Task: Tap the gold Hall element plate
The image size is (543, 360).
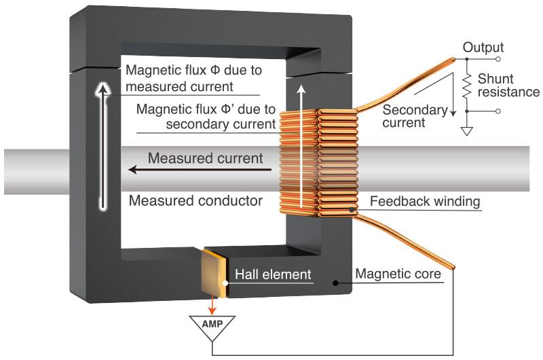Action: [x=214, y=273]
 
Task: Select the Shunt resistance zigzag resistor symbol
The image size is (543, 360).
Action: [x=467, y=85]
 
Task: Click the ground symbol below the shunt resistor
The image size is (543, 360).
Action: [x=467, y=130]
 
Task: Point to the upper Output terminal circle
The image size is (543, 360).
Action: [x=498, y=59]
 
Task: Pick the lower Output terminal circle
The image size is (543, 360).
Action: [x=498, y=111]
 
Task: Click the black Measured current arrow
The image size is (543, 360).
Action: [x=200, y=170]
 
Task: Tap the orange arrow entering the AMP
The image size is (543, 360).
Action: [x=212, y=305]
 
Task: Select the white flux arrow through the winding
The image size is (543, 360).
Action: [x=301, y=146]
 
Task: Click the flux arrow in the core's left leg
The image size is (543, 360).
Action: [x=102, y=146]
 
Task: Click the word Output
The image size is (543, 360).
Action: [x=483, y=48]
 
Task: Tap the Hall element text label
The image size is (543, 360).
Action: [x=273, y=274]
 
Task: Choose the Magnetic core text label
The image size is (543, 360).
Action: [x=398, y=274]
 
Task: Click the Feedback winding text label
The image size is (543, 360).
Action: [x=425, y=201]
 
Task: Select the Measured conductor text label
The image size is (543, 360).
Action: [x=195, y=200]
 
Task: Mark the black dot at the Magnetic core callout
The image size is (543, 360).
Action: [x=335, y=283]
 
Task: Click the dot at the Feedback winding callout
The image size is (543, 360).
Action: [x=352, y=209]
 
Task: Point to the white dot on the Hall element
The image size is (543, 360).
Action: [x=225, y=283]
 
